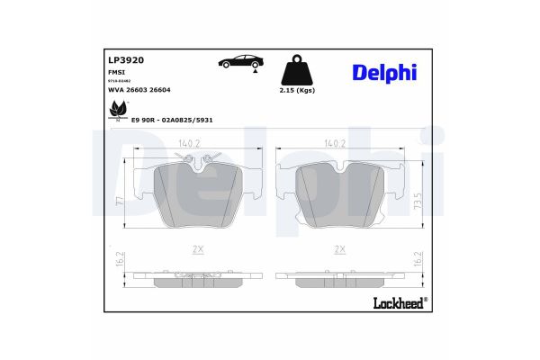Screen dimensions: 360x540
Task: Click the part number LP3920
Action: coord(126,60)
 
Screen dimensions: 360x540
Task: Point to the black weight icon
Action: coord(297,67)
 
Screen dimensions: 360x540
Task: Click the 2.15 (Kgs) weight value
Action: coord(297,91)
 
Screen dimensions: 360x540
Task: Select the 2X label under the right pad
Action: coord(339,248)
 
